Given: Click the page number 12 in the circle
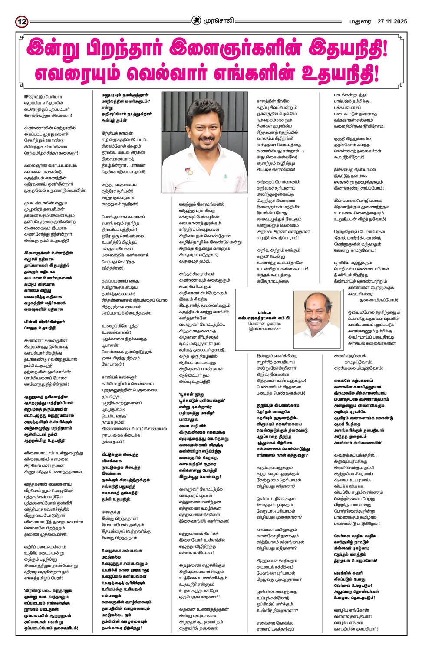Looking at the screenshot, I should click(22, 21).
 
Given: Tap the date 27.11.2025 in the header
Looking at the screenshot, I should click(392, 21).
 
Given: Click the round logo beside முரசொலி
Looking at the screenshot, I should click(198, 20).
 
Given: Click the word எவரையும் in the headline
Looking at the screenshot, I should click(79, 73).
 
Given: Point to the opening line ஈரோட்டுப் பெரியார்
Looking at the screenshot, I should click(43, 97).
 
